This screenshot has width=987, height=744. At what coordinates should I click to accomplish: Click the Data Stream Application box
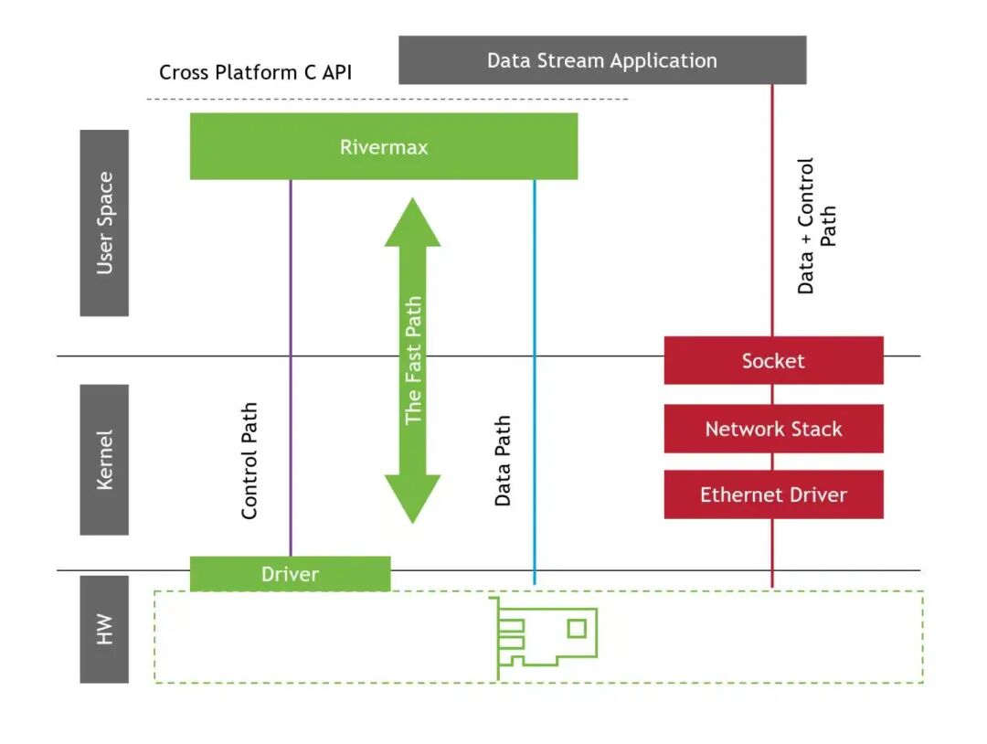tap(602, 60)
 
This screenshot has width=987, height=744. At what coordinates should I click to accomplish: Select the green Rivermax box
tap(384, 146)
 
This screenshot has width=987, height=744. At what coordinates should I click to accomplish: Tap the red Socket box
tap(773, 360)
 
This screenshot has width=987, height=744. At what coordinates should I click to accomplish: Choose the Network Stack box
tap(773, 429)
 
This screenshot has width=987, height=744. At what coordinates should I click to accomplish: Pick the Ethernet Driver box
tap(773, 494)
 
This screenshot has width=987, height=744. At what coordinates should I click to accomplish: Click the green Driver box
tap(290, 574)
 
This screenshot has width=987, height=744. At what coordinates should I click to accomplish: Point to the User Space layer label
tap(104, 223)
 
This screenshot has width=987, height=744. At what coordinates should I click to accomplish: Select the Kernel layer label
tap(104, 460)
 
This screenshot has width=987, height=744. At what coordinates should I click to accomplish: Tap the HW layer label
tap(104, 629)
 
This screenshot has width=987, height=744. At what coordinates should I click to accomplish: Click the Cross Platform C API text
tap(255, 72)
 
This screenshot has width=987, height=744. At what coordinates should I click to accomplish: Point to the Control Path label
tap(249, 461)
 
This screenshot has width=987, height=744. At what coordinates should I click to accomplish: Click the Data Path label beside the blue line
tap(503, 461)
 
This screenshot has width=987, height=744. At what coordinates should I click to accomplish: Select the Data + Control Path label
tap(816, 226)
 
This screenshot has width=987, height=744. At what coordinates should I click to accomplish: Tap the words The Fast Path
tap(413, 360)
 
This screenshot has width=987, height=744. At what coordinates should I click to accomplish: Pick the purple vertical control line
tap(291, 274)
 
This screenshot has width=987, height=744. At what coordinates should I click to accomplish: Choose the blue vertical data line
tap(535, 274)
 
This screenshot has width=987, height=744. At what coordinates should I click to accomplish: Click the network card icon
tap(545, 637)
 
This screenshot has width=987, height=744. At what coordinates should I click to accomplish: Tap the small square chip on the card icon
tap(577, 628)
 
